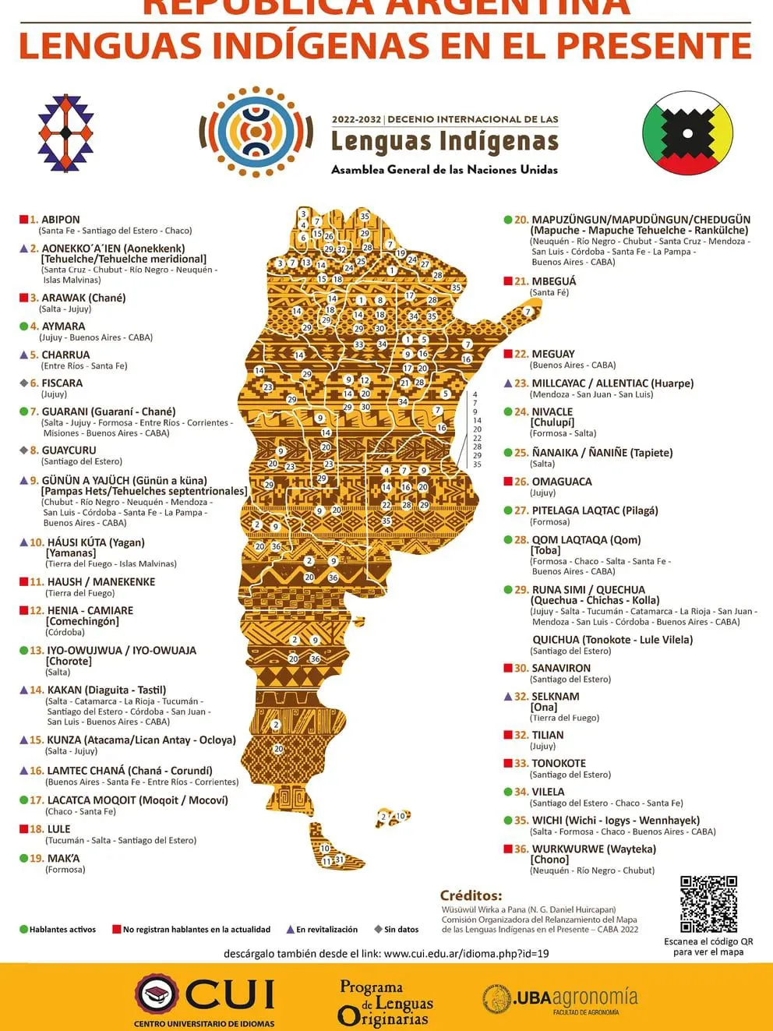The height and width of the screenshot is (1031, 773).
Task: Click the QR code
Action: point(708,904)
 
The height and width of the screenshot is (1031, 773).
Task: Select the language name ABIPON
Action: point(60,220)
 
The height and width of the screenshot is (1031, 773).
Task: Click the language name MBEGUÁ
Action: point(553,281)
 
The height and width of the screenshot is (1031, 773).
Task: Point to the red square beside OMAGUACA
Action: point(508,482)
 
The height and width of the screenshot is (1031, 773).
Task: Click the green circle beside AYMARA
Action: point(23,327)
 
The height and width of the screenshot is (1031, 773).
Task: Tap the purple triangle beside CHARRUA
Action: point(23,355)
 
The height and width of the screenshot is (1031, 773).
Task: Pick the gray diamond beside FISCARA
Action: point(23,383)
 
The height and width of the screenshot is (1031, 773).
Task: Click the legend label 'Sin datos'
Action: point(401,929)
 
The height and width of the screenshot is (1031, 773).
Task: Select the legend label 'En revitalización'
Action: point(326,929)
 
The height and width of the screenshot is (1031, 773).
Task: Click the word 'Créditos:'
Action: point(471,895)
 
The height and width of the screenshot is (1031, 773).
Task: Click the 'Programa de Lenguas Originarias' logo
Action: point(384,1003)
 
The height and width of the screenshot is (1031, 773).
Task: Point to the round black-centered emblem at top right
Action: point(687,132)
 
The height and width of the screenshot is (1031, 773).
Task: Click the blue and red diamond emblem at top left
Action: point(65,132)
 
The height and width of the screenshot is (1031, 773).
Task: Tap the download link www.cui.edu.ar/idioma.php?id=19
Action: point(466,953)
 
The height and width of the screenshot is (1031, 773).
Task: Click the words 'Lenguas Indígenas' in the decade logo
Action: point(444,142)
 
